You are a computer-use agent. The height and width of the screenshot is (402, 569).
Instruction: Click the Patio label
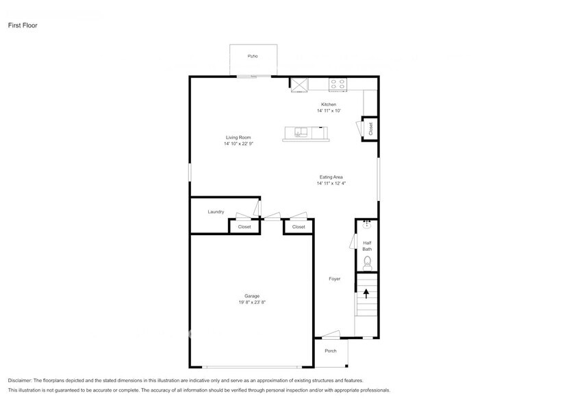click(253, 56)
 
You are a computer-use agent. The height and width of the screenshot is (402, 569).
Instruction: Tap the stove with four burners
click(338, 85)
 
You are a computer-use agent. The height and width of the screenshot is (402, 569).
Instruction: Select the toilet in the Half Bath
click(367, 263)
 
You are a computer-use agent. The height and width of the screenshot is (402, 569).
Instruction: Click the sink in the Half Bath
click(367, 225)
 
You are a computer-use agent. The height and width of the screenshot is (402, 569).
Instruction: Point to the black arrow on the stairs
click(366, 293)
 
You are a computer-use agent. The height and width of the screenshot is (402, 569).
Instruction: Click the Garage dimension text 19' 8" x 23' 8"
click(252, 302)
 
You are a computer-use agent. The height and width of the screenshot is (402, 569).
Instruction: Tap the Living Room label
click(238, 137)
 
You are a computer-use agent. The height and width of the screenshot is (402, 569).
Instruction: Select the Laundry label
click(216, 212)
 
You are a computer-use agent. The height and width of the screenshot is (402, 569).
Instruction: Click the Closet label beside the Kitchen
click(370, 129)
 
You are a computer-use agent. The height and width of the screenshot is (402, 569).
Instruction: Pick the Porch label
click(331, 351)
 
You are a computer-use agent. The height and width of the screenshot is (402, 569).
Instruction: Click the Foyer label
click(335, 279)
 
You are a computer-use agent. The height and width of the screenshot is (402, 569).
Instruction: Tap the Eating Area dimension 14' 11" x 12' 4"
click(331, 183)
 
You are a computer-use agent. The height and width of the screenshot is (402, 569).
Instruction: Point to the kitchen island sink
click(301, 131)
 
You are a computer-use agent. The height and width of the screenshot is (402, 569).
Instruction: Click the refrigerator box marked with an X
click(299, 85)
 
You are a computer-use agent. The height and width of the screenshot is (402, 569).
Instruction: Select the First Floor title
click(23, 25)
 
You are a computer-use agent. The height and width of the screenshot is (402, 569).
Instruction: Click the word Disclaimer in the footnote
click(21, 381)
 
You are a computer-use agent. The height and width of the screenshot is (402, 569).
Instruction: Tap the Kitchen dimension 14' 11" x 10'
click(329, 111)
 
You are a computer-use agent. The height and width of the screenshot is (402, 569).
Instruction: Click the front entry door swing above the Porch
click(331, 334)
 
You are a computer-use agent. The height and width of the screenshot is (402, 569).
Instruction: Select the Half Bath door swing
click(353, 241)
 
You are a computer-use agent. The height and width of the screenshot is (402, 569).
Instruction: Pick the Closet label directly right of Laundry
click(244, 227)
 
